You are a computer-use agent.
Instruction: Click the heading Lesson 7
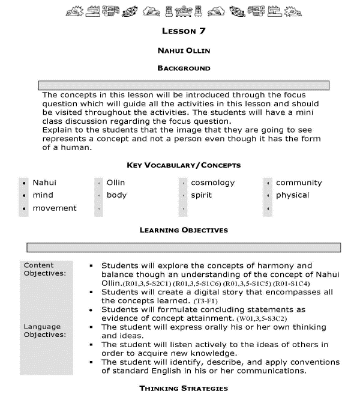(x=184, y=31)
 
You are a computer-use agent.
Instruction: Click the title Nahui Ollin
(x=184, y=50)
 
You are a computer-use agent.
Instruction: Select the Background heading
(x=184, y=68)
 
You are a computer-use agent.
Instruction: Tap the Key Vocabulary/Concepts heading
(x=184, y=165)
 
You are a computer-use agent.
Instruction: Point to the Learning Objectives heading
(x=184, y=229)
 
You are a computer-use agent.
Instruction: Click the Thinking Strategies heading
(x=184, y=389)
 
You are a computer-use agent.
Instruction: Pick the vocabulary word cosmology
(x=212, y=183)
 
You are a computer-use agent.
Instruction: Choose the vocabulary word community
(x=299, y=183)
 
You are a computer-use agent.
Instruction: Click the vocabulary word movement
(x=55, y=208)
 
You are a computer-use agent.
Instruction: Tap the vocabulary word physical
(x=292, y=195)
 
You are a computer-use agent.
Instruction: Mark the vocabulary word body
(x=116, y=195)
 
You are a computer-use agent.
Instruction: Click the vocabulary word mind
(x=43, y=195)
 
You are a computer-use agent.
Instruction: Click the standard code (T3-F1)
(x=206, y=300)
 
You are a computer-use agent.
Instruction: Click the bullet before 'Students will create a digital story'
(x=90, y=292)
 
